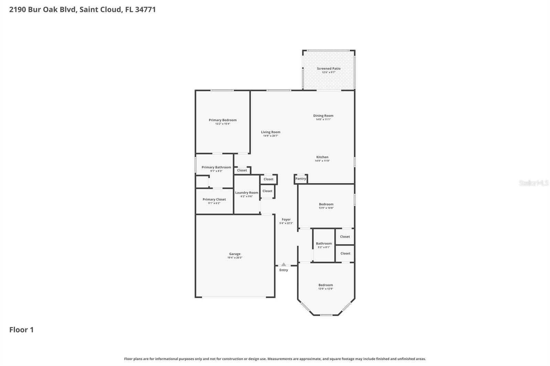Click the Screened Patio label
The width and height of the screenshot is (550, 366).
tap(329, 69)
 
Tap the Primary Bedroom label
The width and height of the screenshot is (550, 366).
tap(222, 120)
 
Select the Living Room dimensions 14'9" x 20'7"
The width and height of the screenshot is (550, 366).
tap(271, 136)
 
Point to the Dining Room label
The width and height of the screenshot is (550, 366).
tap(323, 116)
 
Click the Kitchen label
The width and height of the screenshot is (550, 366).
tap(322, 157)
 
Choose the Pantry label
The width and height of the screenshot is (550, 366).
tap(300, 179)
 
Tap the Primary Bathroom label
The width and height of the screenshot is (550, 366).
tap(216, 168)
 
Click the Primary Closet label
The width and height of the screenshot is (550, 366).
tap(214, 199)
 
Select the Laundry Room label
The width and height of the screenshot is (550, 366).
tap(246, 193)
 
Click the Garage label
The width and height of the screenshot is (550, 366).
tap(235, 254)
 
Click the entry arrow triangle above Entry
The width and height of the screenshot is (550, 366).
tap(284, 264)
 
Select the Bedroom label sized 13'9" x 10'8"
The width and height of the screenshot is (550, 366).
tap(326, 204)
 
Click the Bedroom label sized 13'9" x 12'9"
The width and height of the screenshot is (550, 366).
tap(326, 285)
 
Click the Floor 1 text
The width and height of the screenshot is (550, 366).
tap(21, 330)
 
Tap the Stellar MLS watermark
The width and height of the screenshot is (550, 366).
tap(533, 183)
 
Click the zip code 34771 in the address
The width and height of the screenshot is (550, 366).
tap(145, 10)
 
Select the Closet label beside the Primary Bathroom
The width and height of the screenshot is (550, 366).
tap(242, 170)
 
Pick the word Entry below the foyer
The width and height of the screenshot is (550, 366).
tap(284, 270)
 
